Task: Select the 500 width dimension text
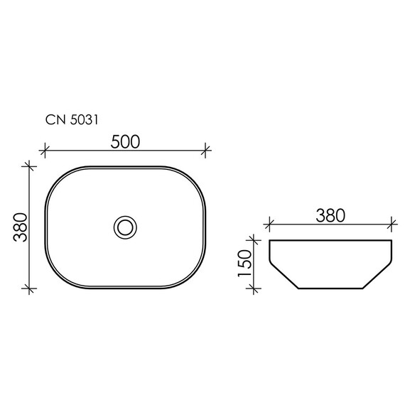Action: coord(126,141)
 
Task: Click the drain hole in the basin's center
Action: coord(126,227)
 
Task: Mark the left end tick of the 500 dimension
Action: coord(45,150)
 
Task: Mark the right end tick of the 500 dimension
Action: coord(206,150)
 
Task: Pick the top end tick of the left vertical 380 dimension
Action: coord(29,166)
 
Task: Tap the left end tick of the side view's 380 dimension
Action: coord(269,226)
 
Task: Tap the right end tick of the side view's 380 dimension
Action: coord(391,226)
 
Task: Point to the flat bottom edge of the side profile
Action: coord(330,289)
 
